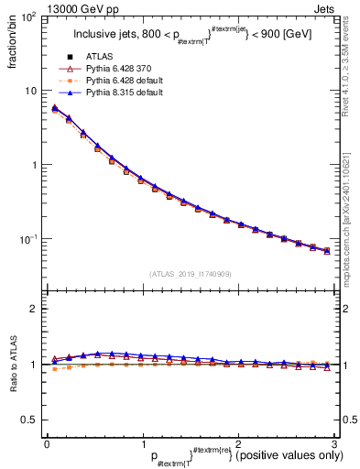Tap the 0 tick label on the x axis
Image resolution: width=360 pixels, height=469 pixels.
click(x=47, y=443)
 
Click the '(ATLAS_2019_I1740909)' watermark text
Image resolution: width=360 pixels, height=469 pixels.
click(x=190, y=273)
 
